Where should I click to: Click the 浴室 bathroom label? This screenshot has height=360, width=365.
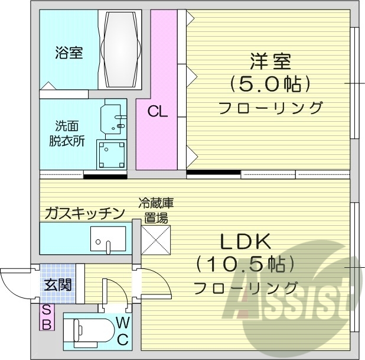pyautogui.click(x=69, y=53)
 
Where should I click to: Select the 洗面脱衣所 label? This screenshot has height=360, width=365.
pyautogui.click(x=67, y=134)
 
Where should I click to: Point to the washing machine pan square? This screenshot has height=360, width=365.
pyautogui.click(x=111, y=155)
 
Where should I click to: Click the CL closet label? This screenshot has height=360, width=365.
pyautogui.click(x=157, y=111)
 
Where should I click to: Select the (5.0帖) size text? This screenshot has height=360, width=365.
pyautogui.click(x=270, y=84)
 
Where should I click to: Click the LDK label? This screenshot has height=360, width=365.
pyautogui.click(x=245, y=241)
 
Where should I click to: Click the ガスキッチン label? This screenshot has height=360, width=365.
pyautogui.click(x=84, y=213)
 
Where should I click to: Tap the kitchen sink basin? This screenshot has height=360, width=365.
pyautogui.click(x=107, y=239)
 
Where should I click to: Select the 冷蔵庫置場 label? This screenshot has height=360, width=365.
pyautogui.click(x=156, y=210)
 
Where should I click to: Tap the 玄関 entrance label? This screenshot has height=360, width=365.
pyautogui.click(x=57, y=284)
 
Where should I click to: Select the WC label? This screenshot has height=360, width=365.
pyautogui.click(x=122, y=331)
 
